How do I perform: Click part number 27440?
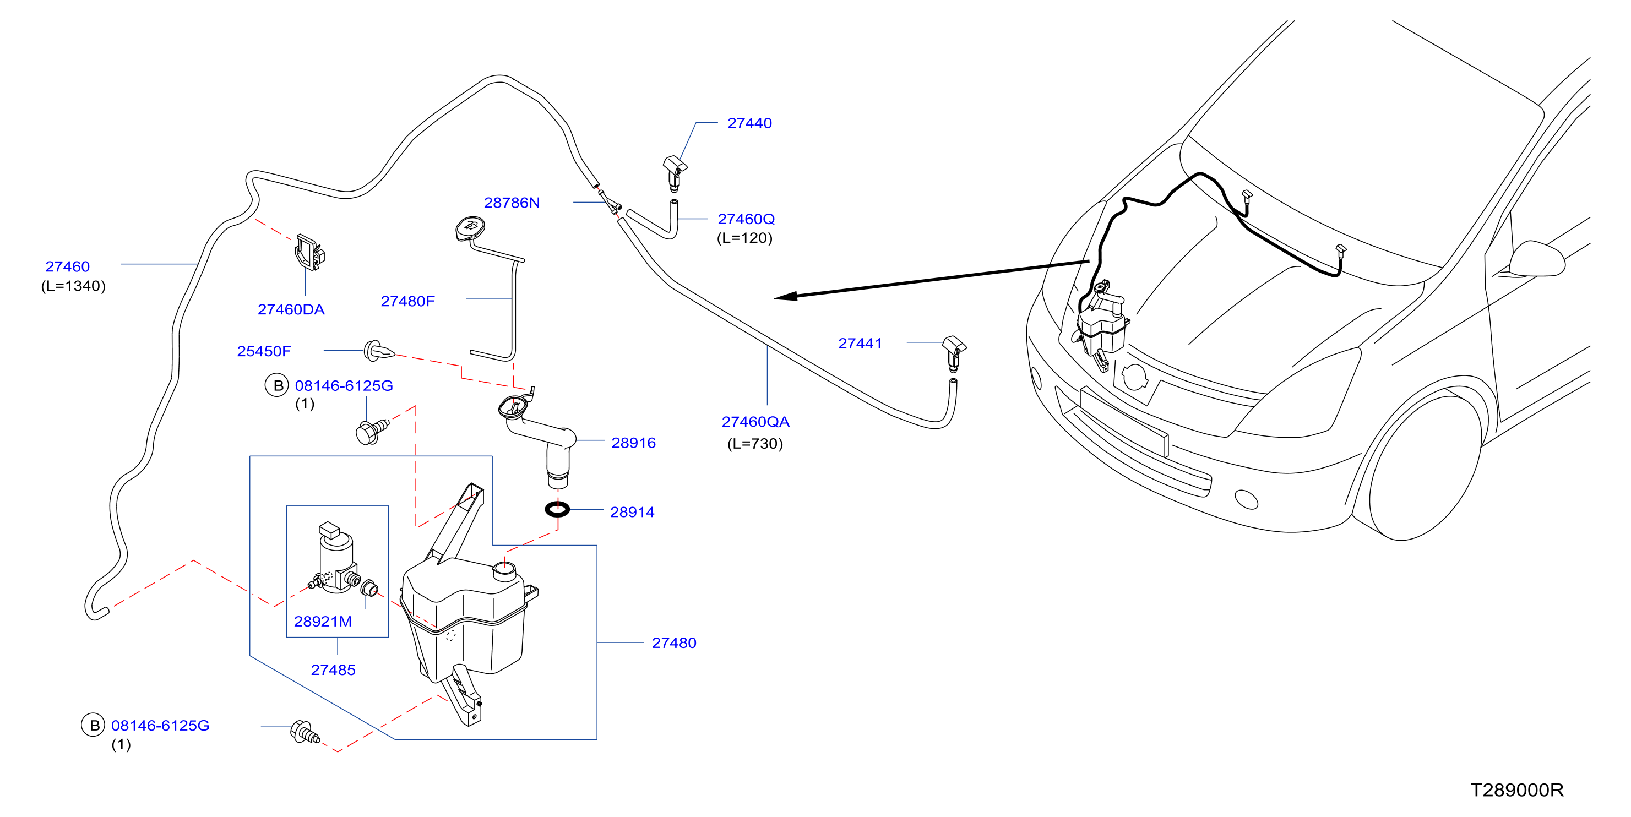point(749,123)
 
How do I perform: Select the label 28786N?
point(512,203)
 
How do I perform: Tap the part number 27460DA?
point(291,309)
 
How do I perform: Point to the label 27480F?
point(407,301)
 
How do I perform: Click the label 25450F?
point(264,351)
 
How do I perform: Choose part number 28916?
point(633,443)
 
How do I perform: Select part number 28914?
point(632,512)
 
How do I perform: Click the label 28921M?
point(323,622)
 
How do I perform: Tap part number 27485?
point(333,670)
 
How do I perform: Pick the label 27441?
point(860,344)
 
